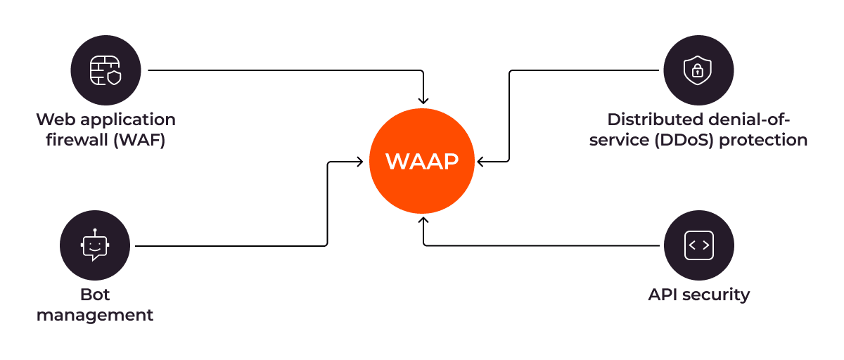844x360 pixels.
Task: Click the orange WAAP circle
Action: click(422, 162)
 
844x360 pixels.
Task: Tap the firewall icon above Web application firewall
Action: click(105, 70)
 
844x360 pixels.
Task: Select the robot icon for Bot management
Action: click(95, 245)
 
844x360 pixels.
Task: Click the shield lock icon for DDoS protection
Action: click(698, 70)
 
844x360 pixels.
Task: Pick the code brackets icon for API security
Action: click(698, 245)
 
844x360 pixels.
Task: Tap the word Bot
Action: click(95, 294)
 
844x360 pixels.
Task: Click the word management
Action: click(95, 314)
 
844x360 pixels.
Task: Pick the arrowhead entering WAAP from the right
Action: click(481, 162)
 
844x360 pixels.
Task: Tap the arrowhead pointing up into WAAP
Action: click(423, 221)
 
